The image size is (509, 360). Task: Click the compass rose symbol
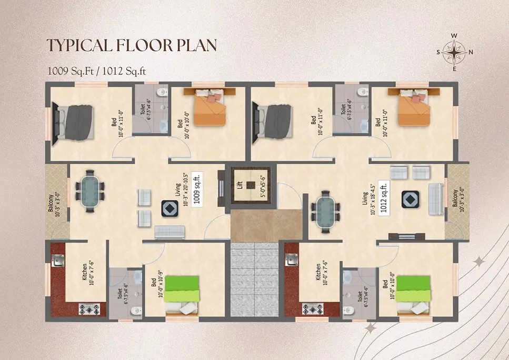[455, 52]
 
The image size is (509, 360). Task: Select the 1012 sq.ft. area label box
[384, 197]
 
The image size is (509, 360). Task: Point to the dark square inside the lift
[251, 185]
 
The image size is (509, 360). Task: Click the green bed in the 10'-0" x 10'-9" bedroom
[182, 295]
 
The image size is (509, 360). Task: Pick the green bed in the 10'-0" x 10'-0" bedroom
[414, 295]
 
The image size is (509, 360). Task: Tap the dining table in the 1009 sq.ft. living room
[90, 191]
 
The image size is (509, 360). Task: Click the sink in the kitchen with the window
[58, 261]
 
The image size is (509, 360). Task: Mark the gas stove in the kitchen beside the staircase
[313, 309]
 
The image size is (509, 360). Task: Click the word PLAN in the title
[197, 45]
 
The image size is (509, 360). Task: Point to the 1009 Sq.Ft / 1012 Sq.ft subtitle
[97, 71]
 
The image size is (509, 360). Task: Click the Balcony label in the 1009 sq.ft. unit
[54, 203]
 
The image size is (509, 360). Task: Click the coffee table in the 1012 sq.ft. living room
[411, 199]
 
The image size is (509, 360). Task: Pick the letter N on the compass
[471, 52]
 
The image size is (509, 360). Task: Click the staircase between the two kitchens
[255, 279]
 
